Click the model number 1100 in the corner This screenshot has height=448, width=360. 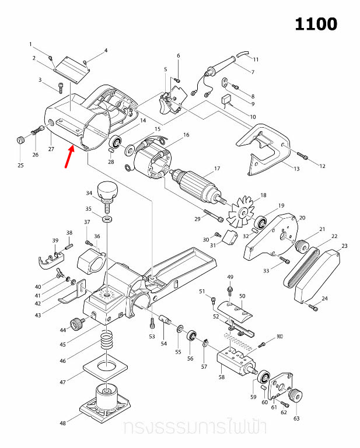coord(316,24)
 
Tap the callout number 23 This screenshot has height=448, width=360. coord(344,246)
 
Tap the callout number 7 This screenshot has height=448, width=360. coord(253,72)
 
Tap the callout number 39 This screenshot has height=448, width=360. coord(55,240)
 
